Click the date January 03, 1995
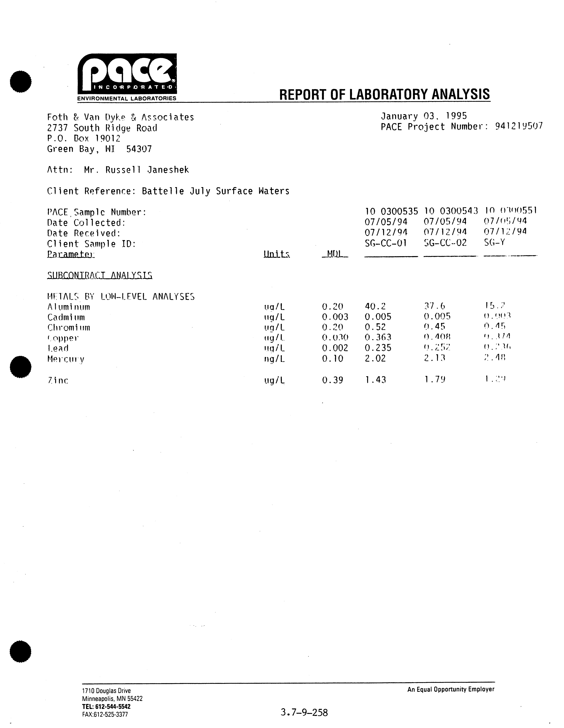[x=424, y=116]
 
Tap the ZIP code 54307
[x=139, y=149]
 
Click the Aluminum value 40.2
[x=375, y=306]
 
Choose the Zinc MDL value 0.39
[x=333, y=380]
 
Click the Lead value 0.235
[x=378, y=348]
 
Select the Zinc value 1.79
[x=435, y=379]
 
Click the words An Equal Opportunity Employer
[x=451, y=689]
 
